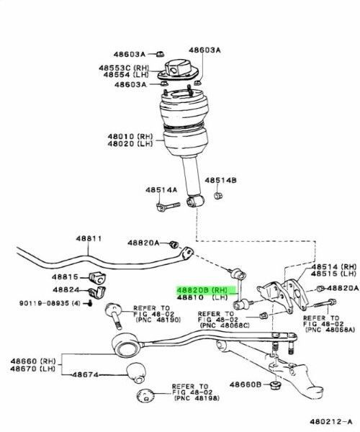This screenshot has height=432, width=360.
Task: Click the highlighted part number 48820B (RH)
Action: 202,290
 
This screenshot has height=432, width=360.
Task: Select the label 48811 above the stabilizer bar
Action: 89,238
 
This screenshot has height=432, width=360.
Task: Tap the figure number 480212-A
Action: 330,421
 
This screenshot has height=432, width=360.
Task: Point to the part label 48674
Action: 85,374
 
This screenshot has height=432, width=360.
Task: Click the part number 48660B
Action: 245,384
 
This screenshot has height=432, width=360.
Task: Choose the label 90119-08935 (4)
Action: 50,303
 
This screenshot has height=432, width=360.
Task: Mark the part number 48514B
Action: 220,180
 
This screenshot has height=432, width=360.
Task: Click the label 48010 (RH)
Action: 130,136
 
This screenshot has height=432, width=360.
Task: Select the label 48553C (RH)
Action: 124,68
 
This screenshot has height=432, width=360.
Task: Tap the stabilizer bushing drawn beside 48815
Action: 98,278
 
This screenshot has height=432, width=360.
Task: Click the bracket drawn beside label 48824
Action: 98,292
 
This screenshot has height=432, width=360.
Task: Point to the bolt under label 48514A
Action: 168,207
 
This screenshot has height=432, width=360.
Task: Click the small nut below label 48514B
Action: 218,196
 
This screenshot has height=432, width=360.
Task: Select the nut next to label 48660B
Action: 275,385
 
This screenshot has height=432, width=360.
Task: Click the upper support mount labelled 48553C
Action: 178,71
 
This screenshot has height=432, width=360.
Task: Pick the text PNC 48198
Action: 197,398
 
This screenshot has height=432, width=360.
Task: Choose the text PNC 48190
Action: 158,320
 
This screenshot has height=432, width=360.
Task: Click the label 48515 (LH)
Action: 334,274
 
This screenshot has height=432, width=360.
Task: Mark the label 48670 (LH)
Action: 33,369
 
